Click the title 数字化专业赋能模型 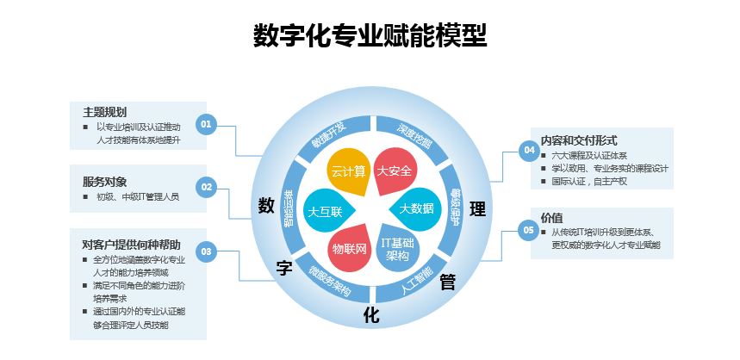[370, 36]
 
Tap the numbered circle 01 [206, 124]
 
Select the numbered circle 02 [206, 186]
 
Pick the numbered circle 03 [206, 251]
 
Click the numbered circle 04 [529, 151]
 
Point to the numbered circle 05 [529, 229]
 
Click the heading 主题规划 [104, 112]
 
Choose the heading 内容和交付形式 [578, 140]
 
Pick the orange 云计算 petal [348, 171]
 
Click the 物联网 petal [349, 248]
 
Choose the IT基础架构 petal [397, 249]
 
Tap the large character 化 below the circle [370, 314]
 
